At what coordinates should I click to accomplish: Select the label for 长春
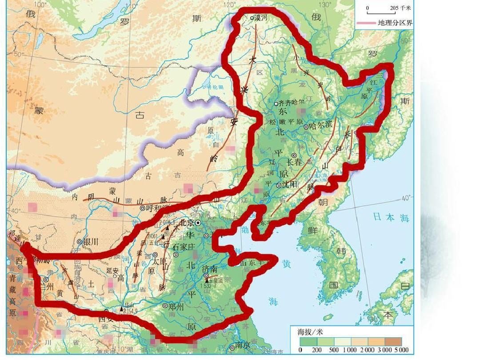point(295,162)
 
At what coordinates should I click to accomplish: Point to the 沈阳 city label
point(289,184)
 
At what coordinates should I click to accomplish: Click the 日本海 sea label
point(390,217)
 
